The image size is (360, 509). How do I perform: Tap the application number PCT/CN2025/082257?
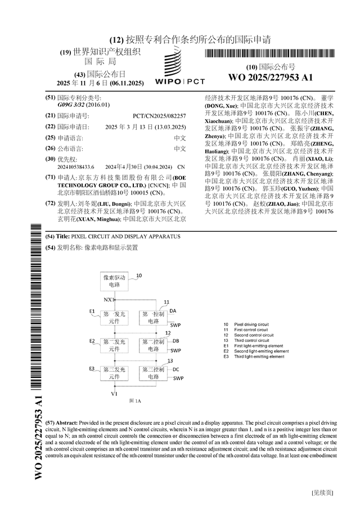click(x=163, y=115)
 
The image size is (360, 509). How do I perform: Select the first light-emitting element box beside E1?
click(x=114, y=317)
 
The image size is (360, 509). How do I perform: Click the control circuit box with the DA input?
click(x=153, y=317)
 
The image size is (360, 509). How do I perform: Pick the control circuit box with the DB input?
click(x=153, y=345)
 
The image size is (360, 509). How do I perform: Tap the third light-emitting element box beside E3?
click(x=114, y=373)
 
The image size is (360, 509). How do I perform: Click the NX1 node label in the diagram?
click(x=108, y=300)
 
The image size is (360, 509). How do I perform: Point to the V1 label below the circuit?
click(x=115, y=394)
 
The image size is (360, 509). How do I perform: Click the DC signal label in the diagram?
click(x=176, y=369)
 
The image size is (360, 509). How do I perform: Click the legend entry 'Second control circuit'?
click(x=254, y=335)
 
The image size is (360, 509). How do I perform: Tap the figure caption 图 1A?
click(x=134, y=400)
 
